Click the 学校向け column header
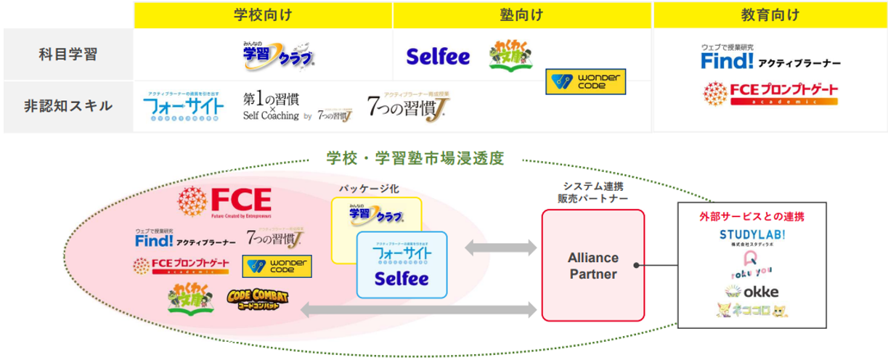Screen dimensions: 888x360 point(263,15)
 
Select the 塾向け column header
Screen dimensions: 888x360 point(522,15)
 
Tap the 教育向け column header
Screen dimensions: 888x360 point(770,15)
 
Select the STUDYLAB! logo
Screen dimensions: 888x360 point(751,237)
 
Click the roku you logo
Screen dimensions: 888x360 point(751,267)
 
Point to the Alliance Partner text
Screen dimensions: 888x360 point(592,266)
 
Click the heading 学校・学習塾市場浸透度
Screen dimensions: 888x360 point(415,157)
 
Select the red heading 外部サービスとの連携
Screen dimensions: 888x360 point(751,216)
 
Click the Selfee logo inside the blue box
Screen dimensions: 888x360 point(402,279)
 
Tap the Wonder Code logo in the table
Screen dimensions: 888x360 point(585,81)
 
